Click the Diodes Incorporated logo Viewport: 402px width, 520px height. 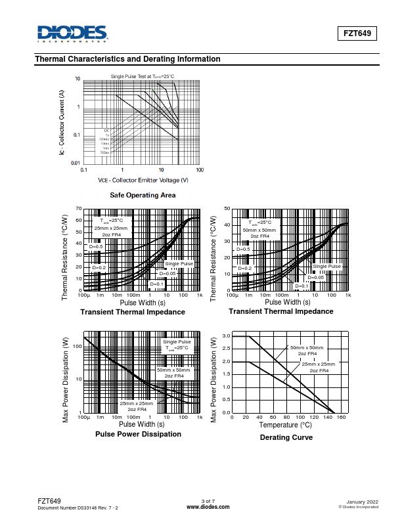72,33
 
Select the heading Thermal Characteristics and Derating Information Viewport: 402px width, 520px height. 127,59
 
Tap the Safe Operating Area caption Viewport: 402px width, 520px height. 143,195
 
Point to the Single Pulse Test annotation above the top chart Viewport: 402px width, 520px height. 143,77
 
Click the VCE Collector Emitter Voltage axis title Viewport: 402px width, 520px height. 143,180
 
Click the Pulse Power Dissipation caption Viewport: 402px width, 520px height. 138,434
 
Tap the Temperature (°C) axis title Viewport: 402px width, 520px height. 285,425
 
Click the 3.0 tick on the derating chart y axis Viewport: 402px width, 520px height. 226,336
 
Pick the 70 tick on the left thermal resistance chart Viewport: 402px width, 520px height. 79,209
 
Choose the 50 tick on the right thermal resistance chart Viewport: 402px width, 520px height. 227,209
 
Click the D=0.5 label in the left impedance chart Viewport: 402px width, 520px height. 97,247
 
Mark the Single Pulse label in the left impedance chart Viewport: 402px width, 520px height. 179,263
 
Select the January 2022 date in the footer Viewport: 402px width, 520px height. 361,502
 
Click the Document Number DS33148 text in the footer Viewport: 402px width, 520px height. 78,508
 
